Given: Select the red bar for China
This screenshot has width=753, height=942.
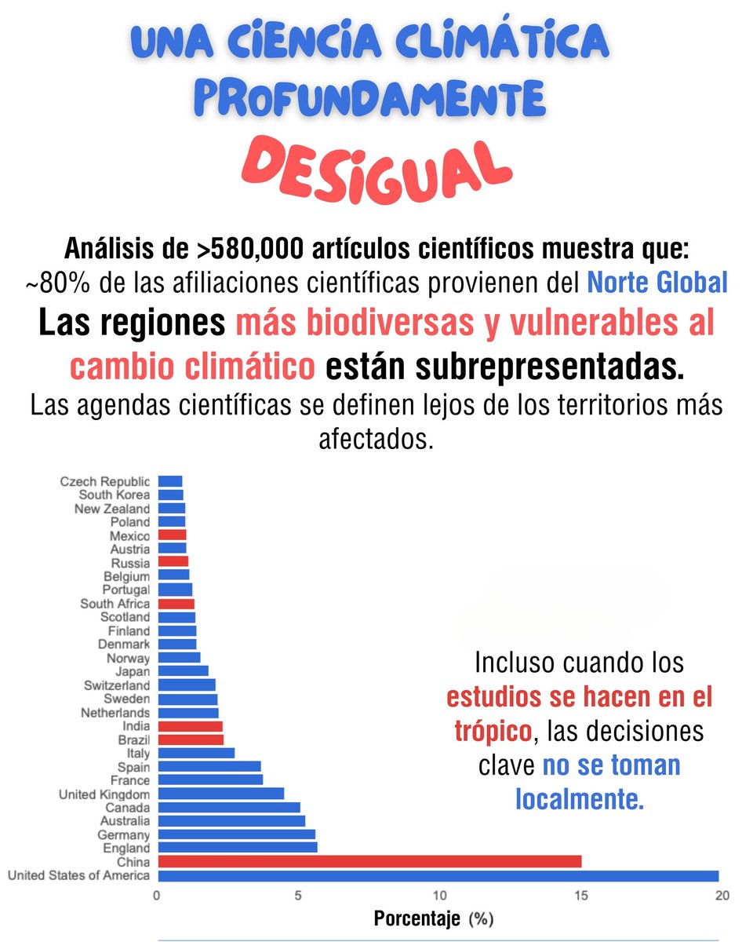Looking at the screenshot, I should coord(369,861).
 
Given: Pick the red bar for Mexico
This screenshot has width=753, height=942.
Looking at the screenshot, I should coord(172,535).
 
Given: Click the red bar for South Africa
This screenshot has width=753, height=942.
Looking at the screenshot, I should coord(176,604).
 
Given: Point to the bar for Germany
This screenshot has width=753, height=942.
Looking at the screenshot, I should coord(236,834).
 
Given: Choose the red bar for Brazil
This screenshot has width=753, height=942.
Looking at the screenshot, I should coord(191,739).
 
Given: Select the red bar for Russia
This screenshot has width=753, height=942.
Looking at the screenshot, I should coord(173,562).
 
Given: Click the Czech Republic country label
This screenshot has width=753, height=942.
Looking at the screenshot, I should coord(104,481).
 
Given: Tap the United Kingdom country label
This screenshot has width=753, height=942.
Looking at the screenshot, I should coord(104,794).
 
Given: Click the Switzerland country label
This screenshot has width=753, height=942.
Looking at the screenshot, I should coord(116,685).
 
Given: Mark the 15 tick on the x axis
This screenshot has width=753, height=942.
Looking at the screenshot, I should coord(580,896).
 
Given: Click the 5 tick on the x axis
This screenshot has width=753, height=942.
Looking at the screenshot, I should coord(298,896).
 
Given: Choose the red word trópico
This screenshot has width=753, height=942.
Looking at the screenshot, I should coord(493,731).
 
